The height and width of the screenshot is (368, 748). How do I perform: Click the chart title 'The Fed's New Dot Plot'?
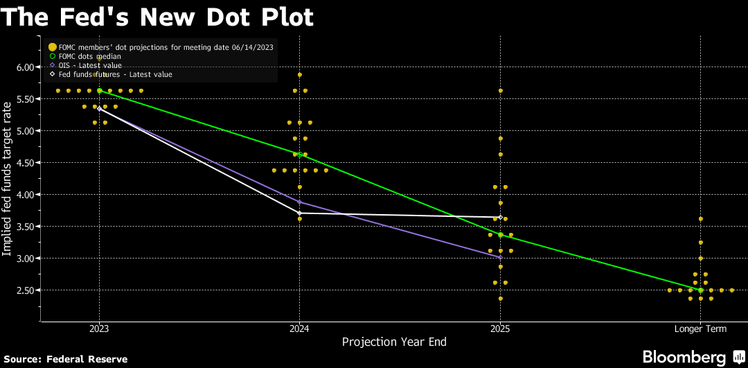tap(157, 17)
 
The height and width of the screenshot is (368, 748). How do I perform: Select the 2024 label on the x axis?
tap(299, 329)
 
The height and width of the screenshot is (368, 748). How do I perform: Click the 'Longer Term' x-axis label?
tap(701, 329)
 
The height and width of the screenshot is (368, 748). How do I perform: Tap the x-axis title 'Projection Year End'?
tap(395, 342)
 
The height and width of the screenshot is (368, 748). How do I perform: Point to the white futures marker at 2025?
tap(500, 218)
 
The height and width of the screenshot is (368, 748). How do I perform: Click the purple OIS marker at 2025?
tap(500, 257)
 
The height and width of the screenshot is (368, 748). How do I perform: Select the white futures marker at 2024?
tap(299, 213)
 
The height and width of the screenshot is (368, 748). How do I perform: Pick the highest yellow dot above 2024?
tap(299, 75)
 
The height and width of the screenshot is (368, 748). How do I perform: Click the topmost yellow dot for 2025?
tap(500, 91)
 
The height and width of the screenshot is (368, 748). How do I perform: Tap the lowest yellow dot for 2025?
tap(500, 299)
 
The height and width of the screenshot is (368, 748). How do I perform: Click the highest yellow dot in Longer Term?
tap(701, 219)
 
